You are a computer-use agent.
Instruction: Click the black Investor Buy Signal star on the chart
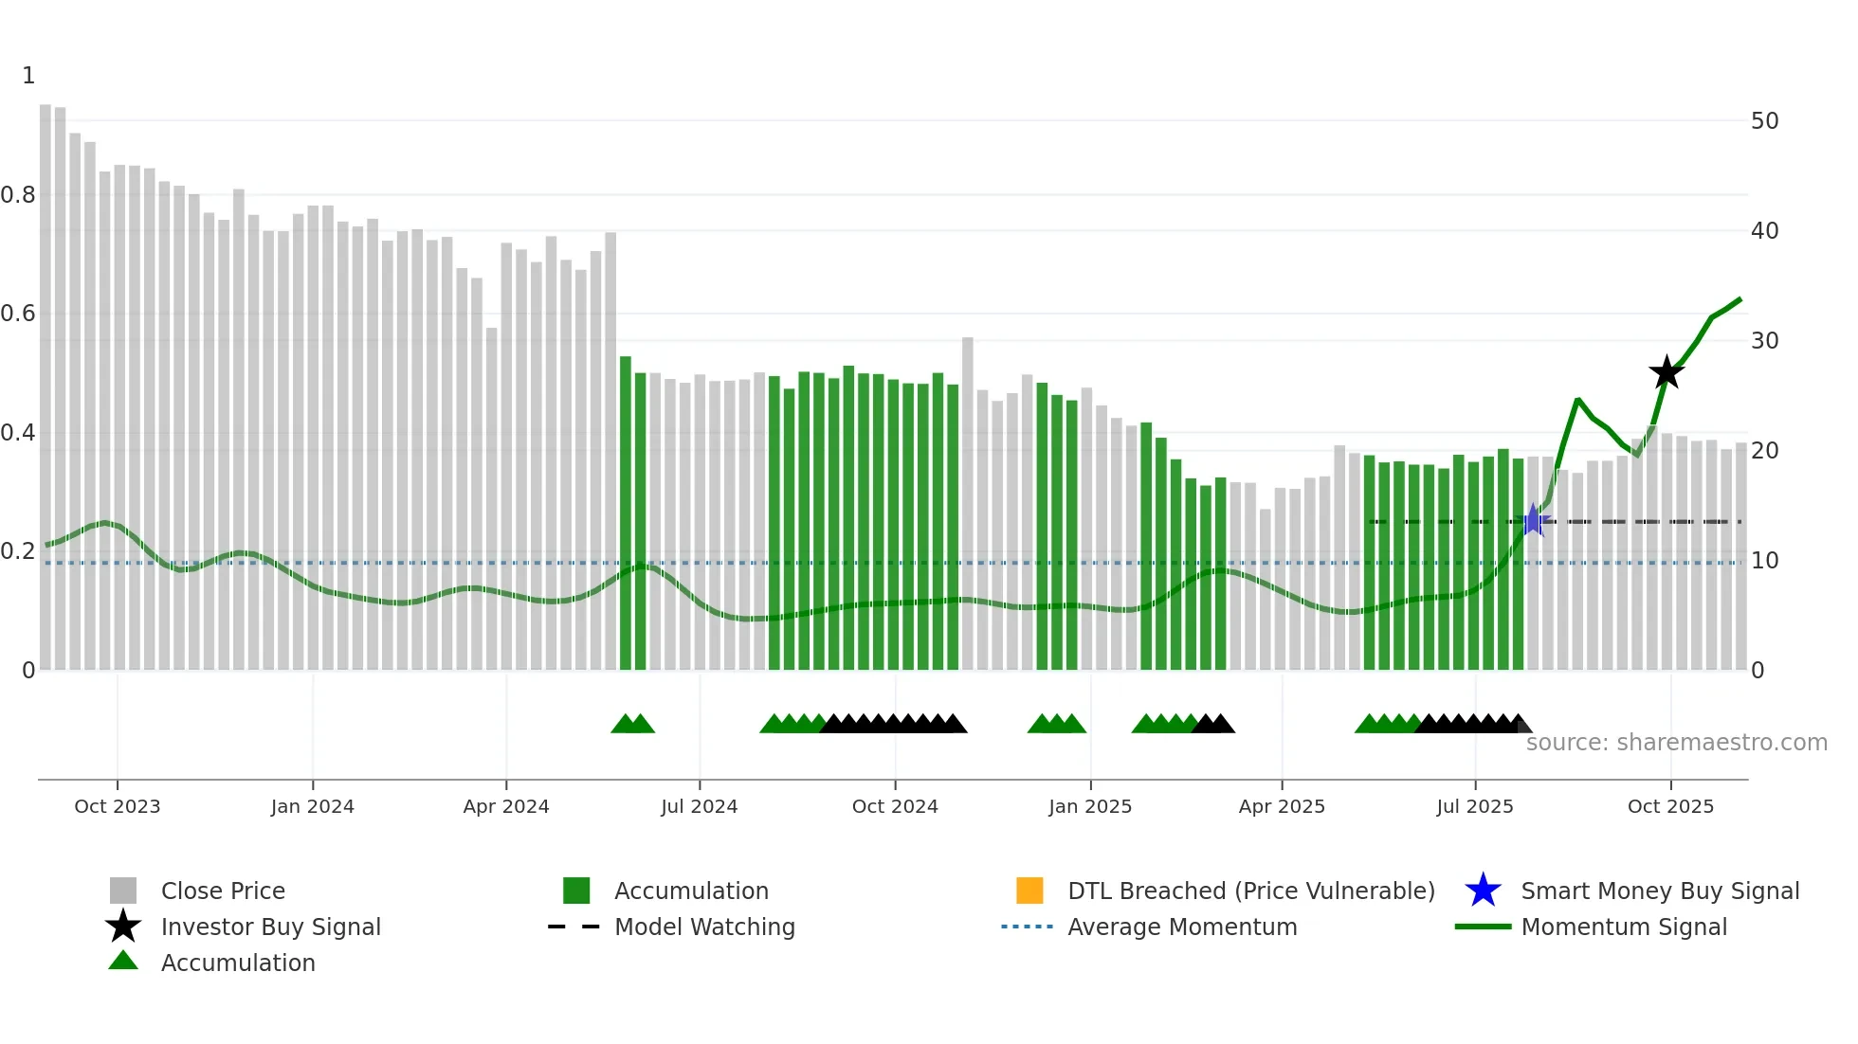(x=1667, y=372)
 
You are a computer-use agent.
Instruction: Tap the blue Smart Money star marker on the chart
(x=1533, y=520)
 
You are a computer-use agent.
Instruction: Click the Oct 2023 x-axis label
(x=118, y=806)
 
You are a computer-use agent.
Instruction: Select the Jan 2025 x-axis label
(x=1090, y=806)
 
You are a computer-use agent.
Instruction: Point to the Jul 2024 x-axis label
(x=700, y=806)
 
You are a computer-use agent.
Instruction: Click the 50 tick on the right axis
(x=1764, y=121)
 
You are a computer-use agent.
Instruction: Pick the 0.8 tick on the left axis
(x=19, y=195)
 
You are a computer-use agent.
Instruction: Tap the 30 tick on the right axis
(x=1764, y=341)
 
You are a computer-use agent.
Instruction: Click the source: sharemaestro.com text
(x=1676, y=743)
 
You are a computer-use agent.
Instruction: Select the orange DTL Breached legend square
(x=1029, y=891)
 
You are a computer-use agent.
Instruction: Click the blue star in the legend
(x=1483, y=891)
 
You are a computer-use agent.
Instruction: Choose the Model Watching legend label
(x=704, y=927)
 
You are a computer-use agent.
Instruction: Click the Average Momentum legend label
(x=1182, y=927)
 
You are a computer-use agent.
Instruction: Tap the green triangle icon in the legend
(x=123, y=962)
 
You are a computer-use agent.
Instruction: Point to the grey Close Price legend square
(x=123, y=891)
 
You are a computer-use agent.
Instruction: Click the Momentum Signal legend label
(x=1624, y=927)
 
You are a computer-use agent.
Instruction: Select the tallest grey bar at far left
(x=46, y=379)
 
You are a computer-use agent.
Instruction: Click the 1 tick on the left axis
(x=28, y=76)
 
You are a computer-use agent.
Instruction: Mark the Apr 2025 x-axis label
(x=1282, y=806)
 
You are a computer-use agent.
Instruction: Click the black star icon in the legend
(x=123, y=927)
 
